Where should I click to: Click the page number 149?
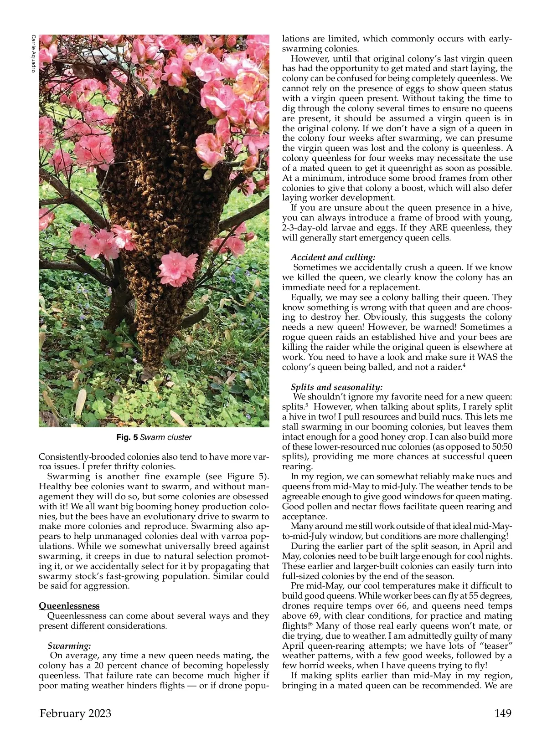pos(503,713)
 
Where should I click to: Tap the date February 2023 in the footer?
pos(75,713)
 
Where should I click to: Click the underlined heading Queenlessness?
pos(69,605)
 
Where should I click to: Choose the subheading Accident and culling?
pos(333,257)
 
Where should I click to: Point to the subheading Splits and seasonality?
pos(336,387)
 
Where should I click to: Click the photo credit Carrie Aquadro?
pos(33,53)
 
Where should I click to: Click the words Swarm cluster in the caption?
pos(166,437)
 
